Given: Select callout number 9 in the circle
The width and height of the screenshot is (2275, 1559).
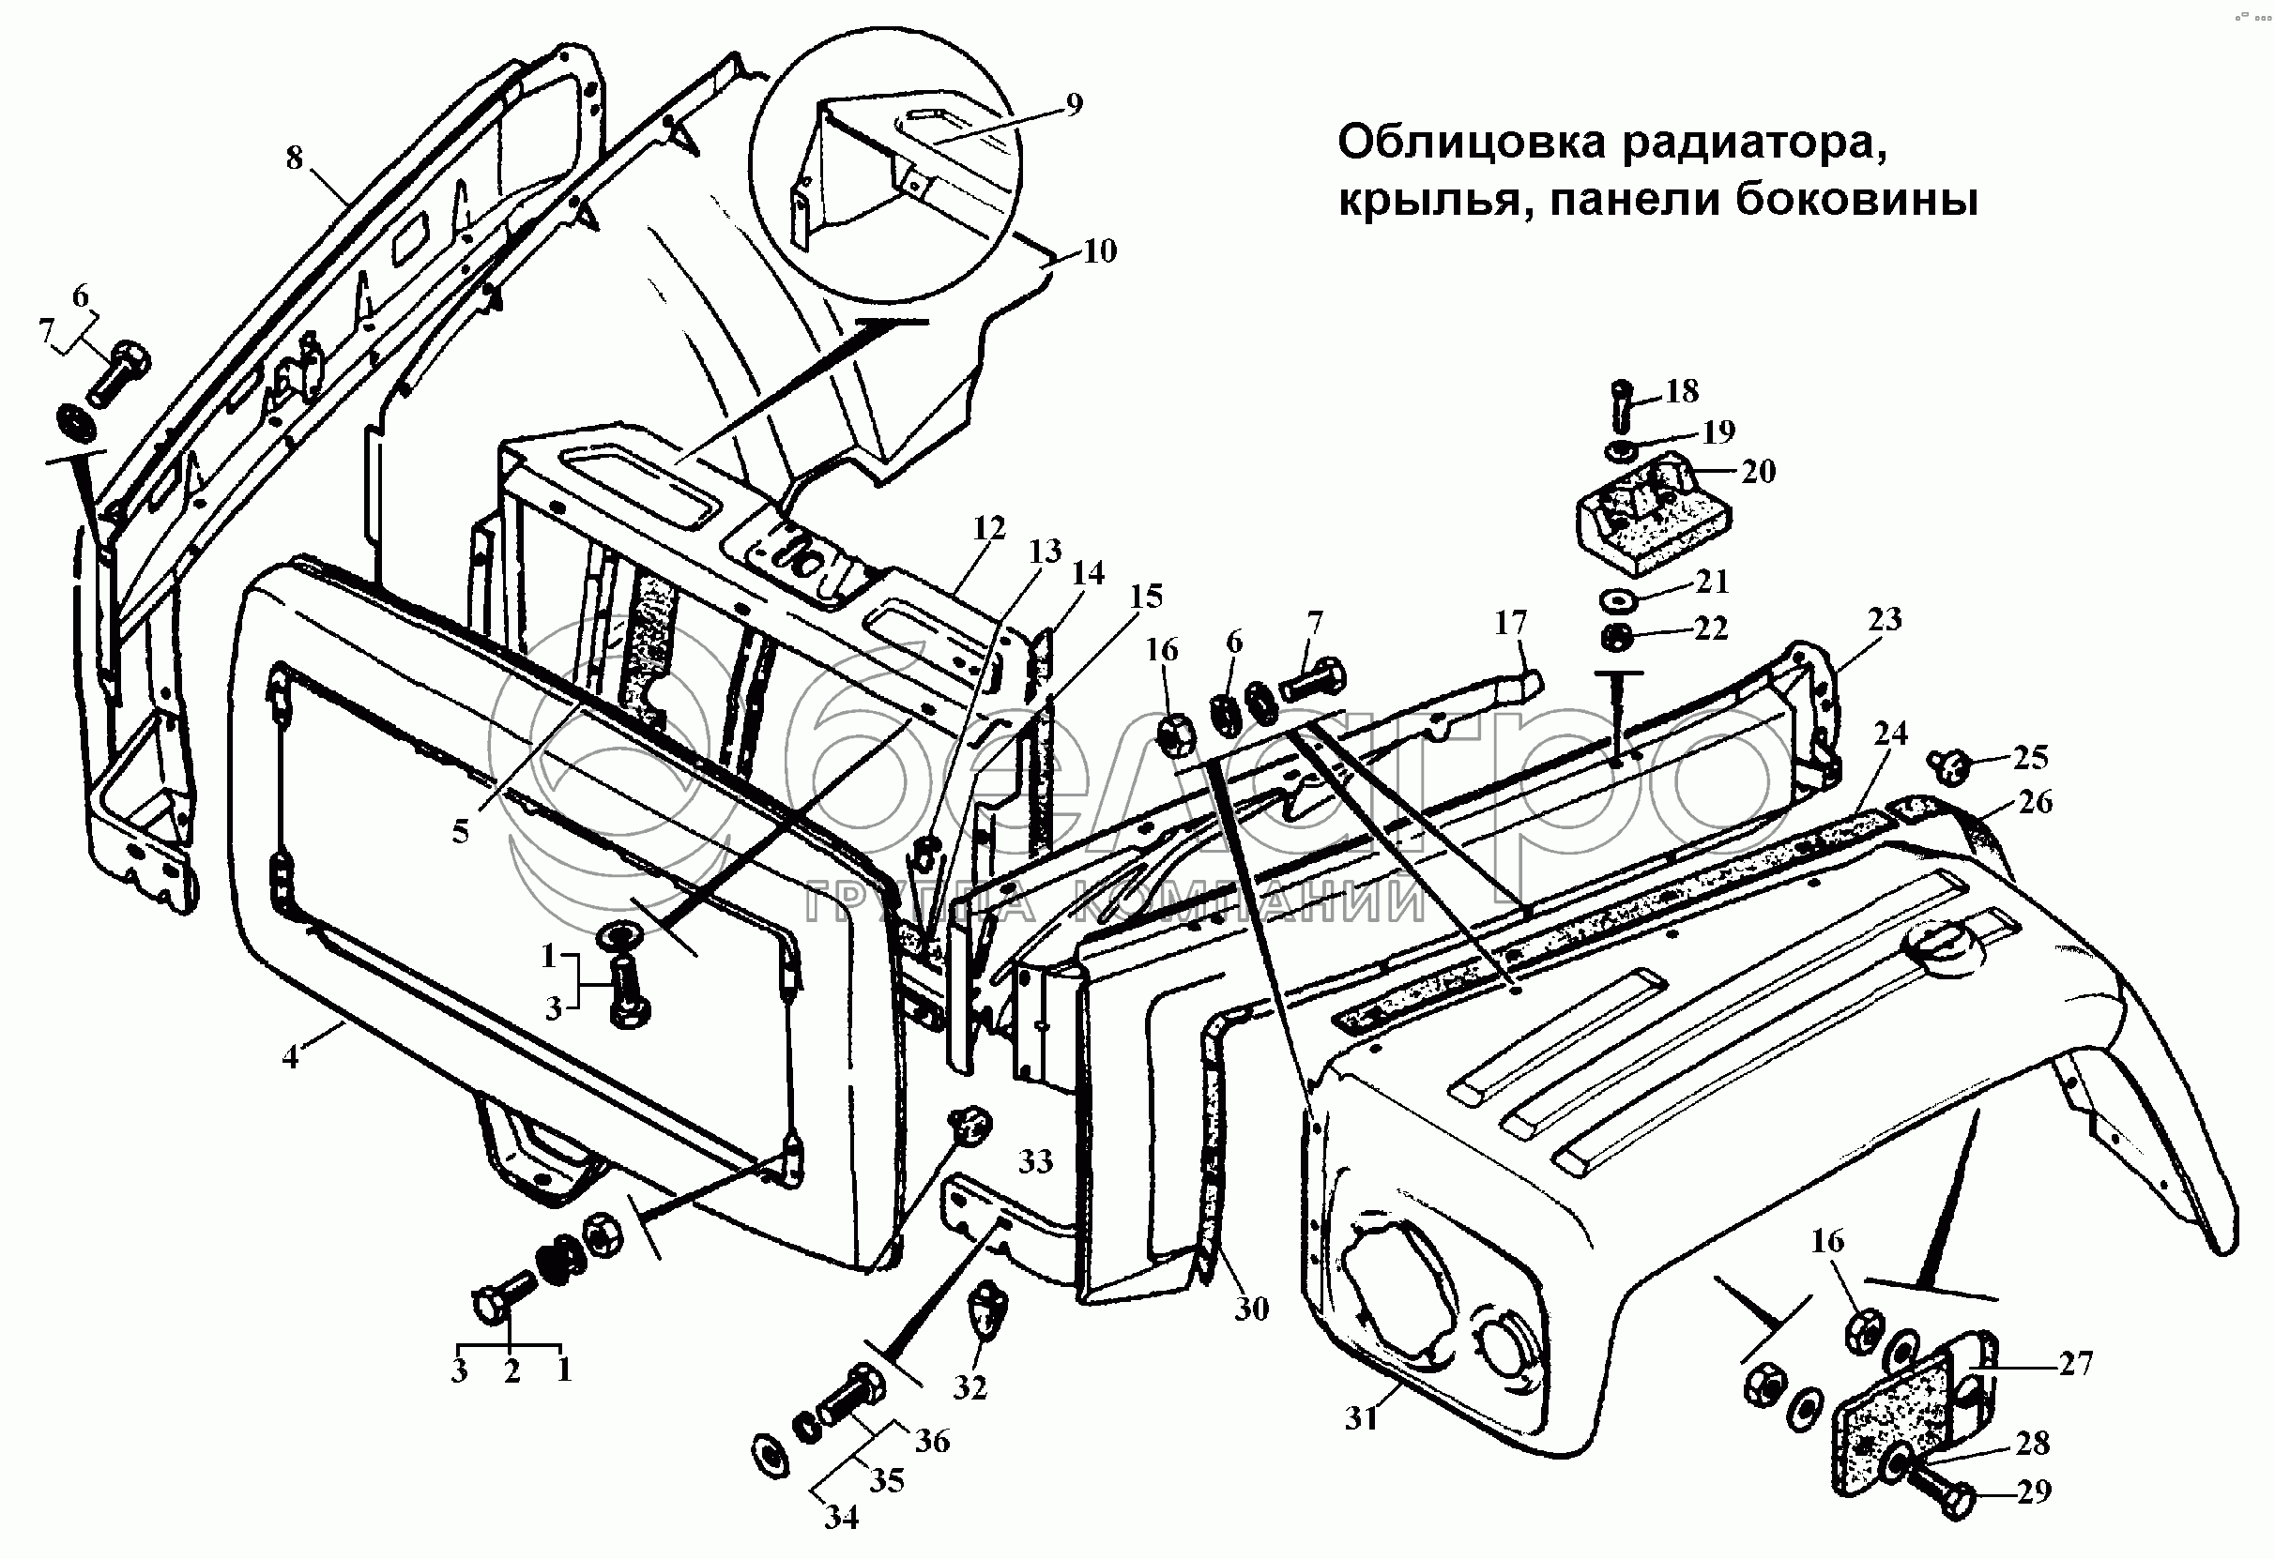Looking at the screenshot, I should click(1074, 105).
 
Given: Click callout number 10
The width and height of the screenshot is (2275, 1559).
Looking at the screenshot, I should click(1099, 251).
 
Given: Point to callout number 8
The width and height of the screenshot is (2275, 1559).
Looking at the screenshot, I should click(295, 158).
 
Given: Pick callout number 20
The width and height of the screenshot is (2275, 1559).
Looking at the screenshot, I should click(1758, 472).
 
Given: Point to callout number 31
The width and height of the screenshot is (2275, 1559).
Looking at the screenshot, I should click(1362, 1418).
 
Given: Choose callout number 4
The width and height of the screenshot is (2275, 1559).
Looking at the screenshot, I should click(291, 1057).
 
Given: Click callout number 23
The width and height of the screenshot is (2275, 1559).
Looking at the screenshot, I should click(1885, 618).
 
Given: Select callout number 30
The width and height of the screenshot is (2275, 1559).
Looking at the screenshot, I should click(1252, 1309).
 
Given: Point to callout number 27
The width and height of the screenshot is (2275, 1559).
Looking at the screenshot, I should click(2075, 1363).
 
